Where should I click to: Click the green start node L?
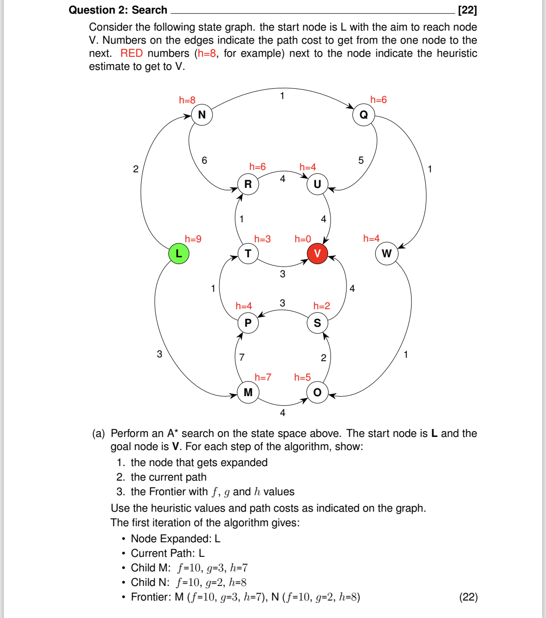[179, 253]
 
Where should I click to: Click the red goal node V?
[317, 253]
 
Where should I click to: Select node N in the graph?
[202, 115]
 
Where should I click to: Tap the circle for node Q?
[364, 115]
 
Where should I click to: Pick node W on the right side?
[386, 253]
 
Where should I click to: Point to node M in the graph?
[248, 392]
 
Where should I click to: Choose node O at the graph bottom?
[317, 392]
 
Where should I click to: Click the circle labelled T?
[248, 253]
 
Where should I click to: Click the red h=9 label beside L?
[193, 239]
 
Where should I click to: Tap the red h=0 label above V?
[302, 239]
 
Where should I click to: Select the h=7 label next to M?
[263, 377]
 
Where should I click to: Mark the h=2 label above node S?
[321, 306]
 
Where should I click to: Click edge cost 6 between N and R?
[204, 160]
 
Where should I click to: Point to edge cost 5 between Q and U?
[361, 160]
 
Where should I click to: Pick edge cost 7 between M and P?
[242, 357]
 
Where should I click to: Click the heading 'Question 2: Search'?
[118, 10]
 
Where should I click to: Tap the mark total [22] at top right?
[467, 10]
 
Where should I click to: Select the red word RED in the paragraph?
[132, 53]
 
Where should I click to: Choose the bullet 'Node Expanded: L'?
[175, 539]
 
